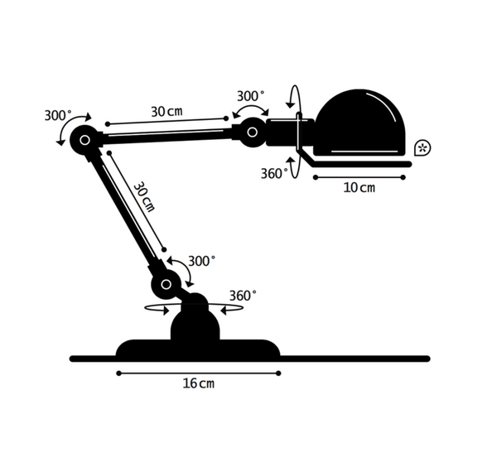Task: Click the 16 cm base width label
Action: point(199,383)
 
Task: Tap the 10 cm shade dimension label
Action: point(359,188)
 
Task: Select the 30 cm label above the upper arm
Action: point(166,111)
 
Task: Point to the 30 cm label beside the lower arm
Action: point(144,197)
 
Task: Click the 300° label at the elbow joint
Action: point(58,115)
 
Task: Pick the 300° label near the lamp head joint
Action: point(250,96)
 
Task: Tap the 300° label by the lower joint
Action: point(202,261)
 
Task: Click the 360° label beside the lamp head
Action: point(274,173)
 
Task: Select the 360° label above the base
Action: point(243,296)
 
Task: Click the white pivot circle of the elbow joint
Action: point(84,140)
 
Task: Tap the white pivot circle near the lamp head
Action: point(253,132)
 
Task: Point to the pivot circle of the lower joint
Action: point(166,284)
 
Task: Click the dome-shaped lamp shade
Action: point(360,123)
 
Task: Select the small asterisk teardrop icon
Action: point(422,147)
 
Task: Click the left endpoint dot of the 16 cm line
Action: point(118,373)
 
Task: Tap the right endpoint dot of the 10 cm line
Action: point(403,177)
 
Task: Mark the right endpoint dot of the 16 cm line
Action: point(278,373)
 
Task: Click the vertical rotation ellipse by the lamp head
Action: point(294,132)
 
